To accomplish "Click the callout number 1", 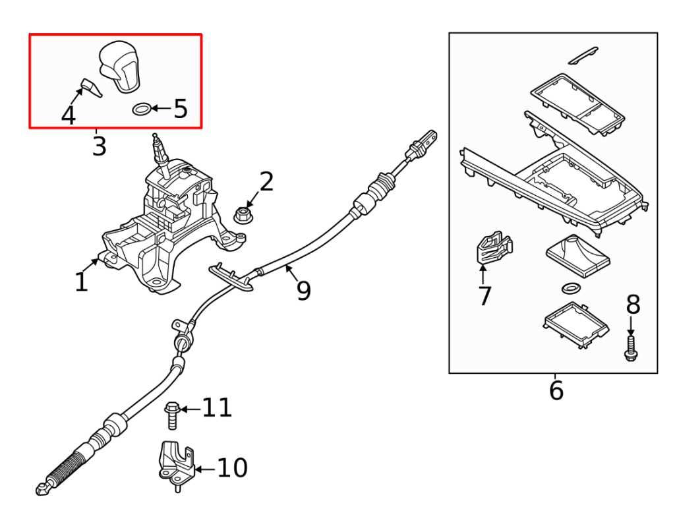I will (81, 282).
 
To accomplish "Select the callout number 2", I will (266, 181).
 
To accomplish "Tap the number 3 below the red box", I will (99, 146).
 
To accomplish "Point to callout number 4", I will (68, 116).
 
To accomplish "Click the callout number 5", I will (181, 109).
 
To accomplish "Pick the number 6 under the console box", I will (556, 390).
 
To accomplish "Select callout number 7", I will (484, 295).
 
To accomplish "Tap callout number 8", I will (633, 304).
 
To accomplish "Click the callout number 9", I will (303, 290).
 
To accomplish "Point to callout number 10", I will (233, 469).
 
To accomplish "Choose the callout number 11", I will (217, 408).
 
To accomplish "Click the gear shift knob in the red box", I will (119, 66).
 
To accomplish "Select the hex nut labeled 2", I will (242, 214).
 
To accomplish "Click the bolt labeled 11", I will (171, 416).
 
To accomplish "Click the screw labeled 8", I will (630, 347).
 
